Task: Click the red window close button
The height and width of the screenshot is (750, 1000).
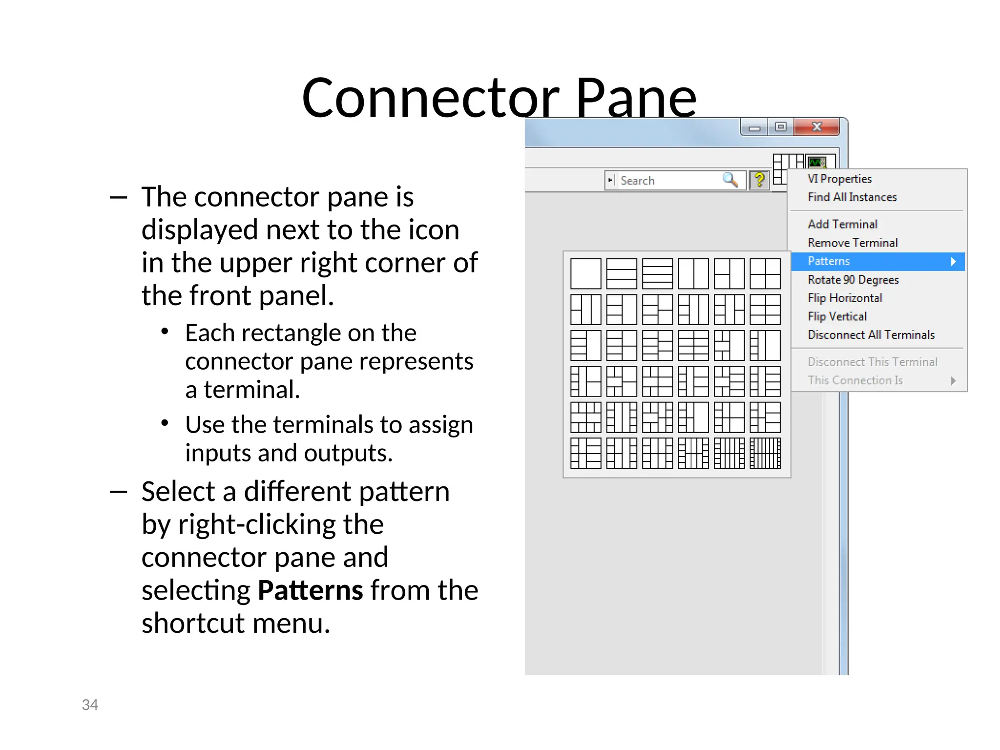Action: pyautogui.click(x=816, y=127)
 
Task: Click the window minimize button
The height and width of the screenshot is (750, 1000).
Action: pyautogui.click(x=754, y=128)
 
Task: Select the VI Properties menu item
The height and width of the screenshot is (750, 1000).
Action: pyautogui.click(x=839, y=179)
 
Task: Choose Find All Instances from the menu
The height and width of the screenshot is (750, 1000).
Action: pyautogui.click(x=852, y=197)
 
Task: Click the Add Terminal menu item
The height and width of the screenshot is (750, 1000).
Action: pyautogui.click(x=842, y=224)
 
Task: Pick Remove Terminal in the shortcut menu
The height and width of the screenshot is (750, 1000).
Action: pyautogui.click(x=853, y=243)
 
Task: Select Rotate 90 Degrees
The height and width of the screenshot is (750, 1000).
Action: pyautogui.click(x=853, y=280)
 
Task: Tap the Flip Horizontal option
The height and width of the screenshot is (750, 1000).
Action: pyautogui.click(x=845, y=298)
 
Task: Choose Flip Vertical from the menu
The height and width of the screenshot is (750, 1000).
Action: pyautogui.click(x=837, y=316)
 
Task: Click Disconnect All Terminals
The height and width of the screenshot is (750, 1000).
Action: pyautogui.click(x=871, y=335)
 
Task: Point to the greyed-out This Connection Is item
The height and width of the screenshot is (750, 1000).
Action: pyautogui.click(x=855, y=380)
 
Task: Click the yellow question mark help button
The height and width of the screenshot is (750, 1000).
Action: pyautogui.click(x=759, y=180)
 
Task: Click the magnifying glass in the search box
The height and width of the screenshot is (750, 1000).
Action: pyautogui.click(x=730, y=180)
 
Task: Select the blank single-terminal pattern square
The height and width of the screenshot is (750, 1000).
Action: pyautogui.click(x=585, y=274)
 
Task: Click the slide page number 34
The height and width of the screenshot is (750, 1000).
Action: pyautogui.click(x=90, y=705)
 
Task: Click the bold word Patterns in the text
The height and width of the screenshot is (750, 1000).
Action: pyautogui.click(x=310, y=590)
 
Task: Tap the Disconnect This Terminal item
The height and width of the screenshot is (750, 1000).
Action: pyautogui.click(x=872, y=362)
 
